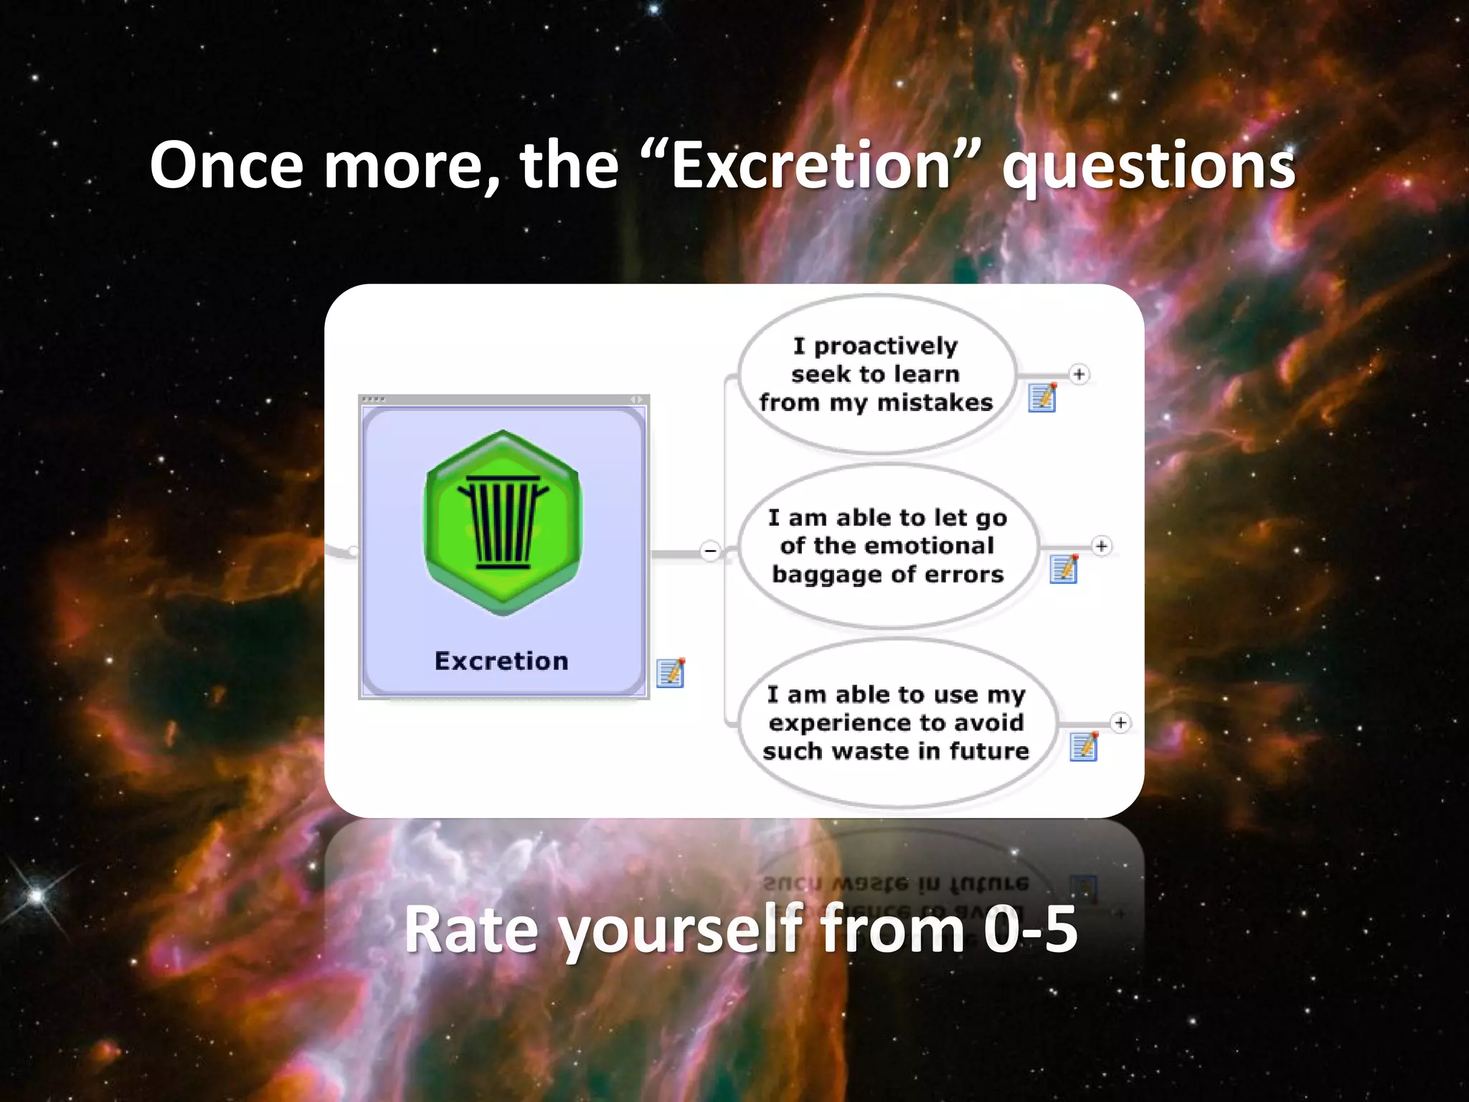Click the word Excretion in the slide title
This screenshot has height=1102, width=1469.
[x=811, y=166]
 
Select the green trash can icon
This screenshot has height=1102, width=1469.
[x=502, y=522]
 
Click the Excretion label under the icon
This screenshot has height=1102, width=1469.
[x=501, y=661]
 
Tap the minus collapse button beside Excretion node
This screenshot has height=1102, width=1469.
[x=710, y=551]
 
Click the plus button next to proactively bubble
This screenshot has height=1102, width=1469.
[x=1079, y=375]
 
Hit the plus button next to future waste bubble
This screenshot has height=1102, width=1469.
[x=1120, y=723]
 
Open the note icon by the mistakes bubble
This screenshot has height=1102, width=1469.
[x=1042, y=397]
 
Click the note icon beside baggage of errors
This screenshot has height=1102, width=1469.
[x=1063, y=569]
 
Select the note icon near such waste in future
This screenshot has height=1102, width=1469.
[x=1083, y=746]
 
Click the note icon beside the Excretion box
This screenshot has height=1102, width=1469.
[x=671, y=673]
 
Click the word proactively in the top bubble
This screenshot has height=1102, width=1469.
[x=885, y=347]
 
